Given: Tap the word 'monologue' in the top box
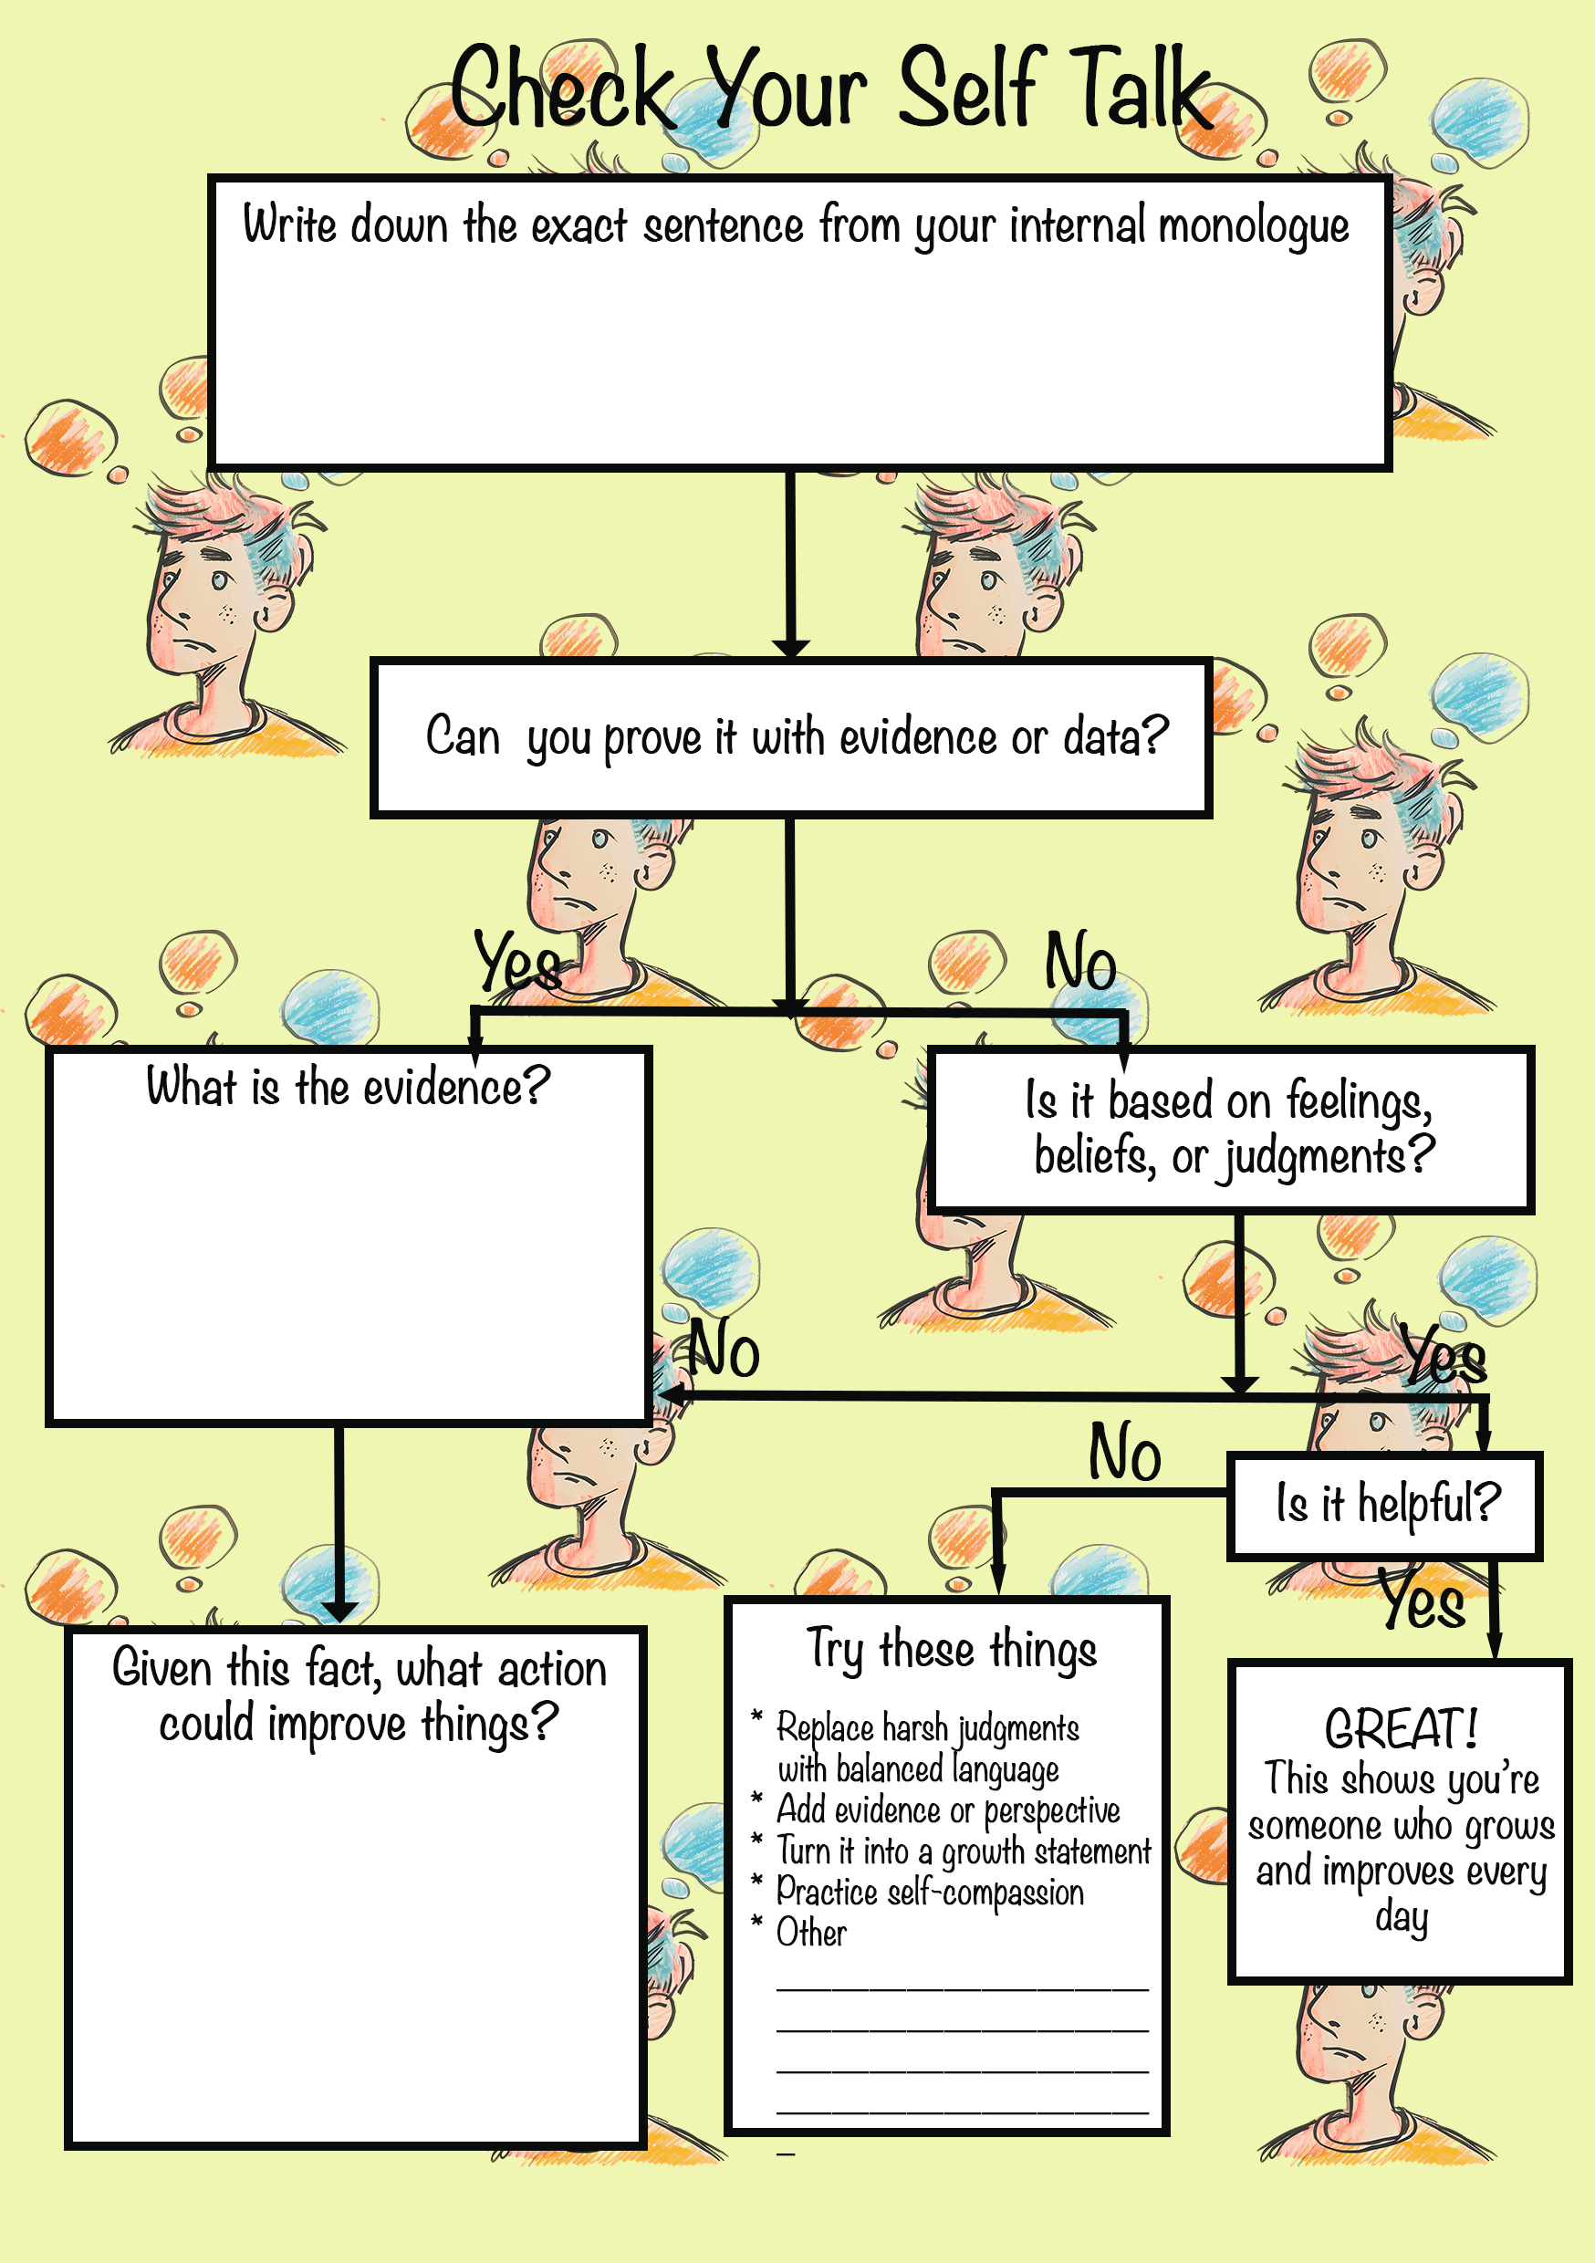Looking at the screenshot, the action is (x=1253, y=226).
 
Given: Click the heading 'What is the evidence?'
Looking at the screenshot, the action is (x=348, y=1086).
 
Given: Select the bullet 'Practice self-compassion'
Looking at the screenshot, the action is (x=930, y=1892).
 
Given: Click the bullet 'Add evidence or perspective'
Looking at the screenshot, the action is (x=948, y=1809).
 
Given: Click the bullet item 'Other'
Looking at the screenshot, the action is (x=810, y=1932).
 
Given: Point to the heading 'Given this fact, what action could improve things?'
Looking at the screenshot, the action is (x=359, y=1695).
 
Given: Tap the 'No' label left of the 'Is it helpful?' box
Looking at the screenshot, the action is (x=1125, y=1452).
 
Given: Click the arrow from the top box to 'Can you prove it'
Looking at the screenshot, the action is (x=790, y=565).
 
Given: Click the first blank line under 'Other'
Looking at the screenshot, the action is (x=962, y=1989).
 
